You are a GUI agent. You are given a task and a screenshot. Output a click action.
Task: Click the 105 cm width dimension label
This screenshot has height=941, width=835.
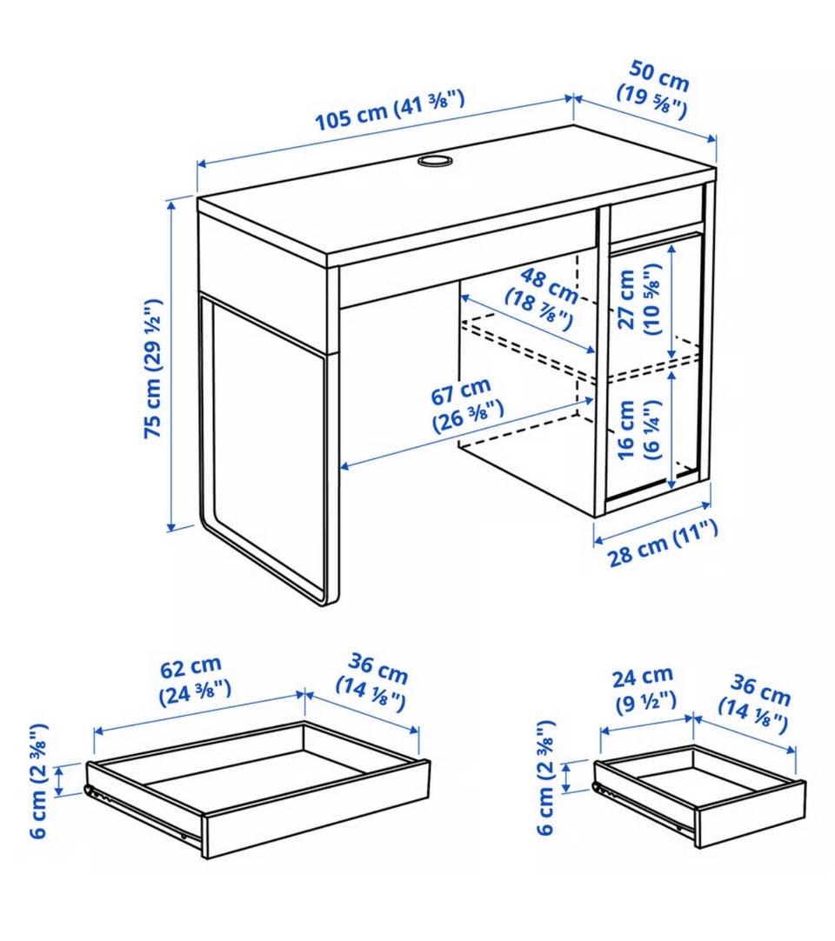point(390,110)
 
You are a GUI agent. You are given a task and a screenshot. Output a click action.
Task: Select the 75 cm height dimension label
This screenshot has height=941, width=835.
point(153,368)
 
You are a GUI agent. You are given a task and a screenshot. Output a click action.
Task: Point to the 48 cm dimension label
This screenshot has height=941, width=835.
point(542,298)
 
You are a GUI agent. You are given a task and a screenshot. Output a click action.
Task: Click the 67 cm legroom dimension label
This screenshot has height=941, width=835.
point(465,404)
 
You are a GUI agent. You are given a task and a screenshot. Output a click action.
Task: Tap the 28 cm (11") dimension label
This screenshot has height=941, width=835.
point(663,544)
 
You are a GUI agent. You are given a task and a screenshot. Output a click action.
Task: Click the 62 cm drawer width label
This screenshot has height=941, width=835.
point(194,680)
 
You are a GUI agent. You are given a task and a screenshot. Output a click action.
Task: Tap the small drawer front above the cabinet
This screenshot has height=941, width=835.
point(657,210)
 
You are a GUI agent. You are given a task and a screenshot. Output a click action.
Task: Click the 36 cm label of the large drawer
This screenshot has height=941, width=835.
point(373,683)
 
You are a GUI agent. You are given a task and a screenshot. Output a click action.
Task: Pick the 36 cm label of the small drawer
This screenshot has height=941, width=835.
point(756,704)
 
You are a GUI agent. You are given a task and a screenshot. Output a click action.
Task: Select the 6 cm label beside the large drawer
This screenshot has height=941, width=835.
point(38,781)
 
